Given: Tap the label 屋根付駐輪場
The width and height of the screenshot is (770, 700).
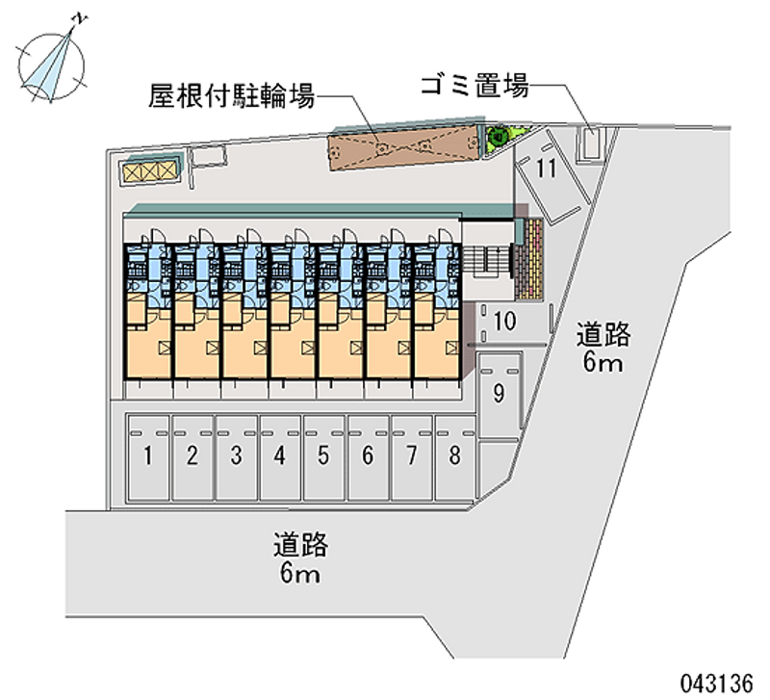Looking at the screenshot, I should tap(232, 95).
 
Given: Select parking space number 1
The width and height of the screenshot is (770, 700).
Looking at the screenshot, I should tap(149, 456).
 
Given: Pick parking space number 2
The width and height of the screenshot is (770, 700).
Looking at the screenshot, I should tap(192, 456).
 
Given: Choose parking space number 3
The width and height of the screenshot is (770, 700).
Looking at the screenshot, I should tap(236, 456).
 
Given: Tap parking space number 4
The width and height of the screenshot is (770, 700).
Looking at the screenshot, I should tap(280, 456).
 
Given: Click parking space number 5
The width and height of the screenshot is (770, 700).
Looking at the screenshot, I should tap(324, 456).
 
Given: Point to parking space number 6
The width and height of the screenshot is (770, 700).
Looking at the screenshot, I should tap(368, 456).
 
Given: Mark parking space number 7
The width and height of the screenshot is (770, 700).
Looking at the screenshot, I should tap(412, 456).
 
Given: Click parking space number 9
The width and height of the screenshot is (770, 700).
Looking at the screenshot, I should tap(499, 393).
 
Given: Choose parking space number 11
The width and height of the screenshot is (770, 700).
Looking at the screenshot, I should tap(547, 170).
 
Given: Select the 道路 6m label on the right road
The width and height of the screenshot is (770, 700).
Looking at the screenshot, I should tap(603, 349).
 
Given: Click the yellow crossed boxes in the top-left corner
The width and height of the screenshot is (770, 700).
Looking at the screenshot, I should tap(149, 171).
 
